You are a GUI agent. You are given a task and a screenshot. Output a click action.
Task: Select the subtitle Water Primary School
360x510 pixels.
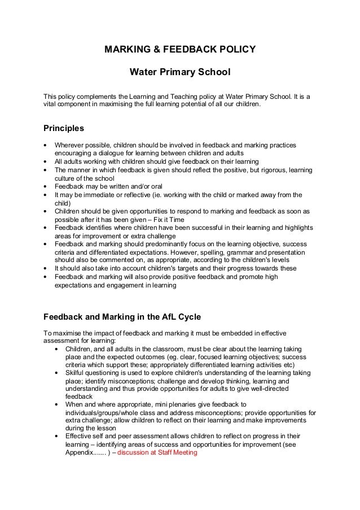pos(180,73)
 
